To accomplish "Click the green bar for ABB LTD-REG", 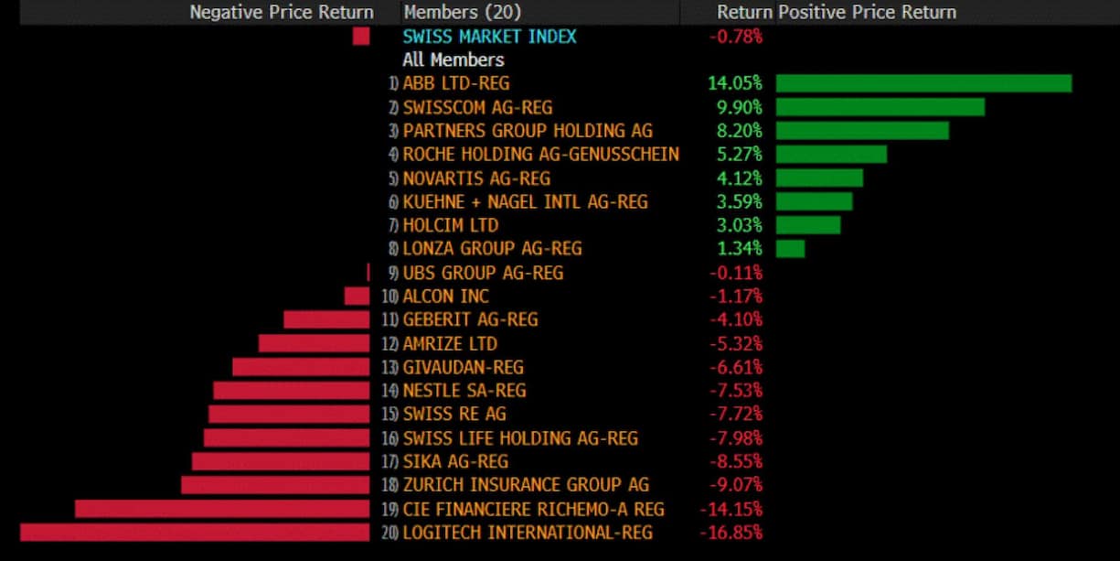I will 923,83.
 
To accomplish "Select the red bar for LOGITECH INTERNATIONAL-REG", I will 195,532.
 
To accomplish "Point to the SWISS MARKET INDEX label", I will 489,37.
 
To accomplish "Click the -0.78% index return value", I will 735,37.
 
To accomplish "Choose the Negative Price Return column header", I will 282,12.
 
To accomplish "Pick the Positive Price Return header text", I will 867,12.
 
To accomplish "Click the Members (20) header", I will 463,12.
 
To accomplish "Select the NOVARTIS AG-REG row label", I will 476,178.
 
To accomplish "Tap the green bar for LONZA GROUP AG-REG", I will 790,249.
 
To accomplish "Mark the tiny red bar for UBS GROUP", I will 368,273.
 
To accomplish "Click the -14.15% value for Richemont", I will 731,509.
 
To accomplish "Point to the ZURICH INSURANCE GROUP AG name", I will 526,485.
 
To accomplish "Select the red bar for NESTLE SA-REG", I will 291,391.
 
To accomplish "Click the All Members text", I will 453,59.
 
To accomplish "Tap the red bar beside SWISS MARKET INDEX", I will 361,37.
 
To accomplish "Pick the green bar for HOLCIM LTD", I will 808,225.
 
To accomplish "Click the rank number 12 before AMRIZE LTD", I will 389,344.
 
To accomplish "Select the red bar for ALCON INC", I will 357,297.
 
